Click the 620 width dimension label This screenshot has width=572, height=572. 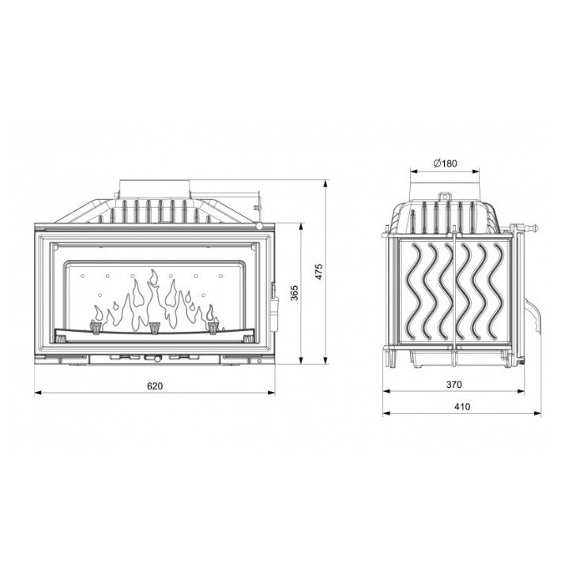click(155, 386)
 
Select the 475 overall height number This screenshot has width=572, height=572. click(317, 273)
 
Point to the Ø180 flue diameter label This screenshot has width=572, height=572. click(446, 164)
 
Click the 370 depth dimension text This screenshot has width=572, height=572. click(453, 386)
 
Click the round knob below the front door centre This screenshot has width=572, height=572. click(156, 359)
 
